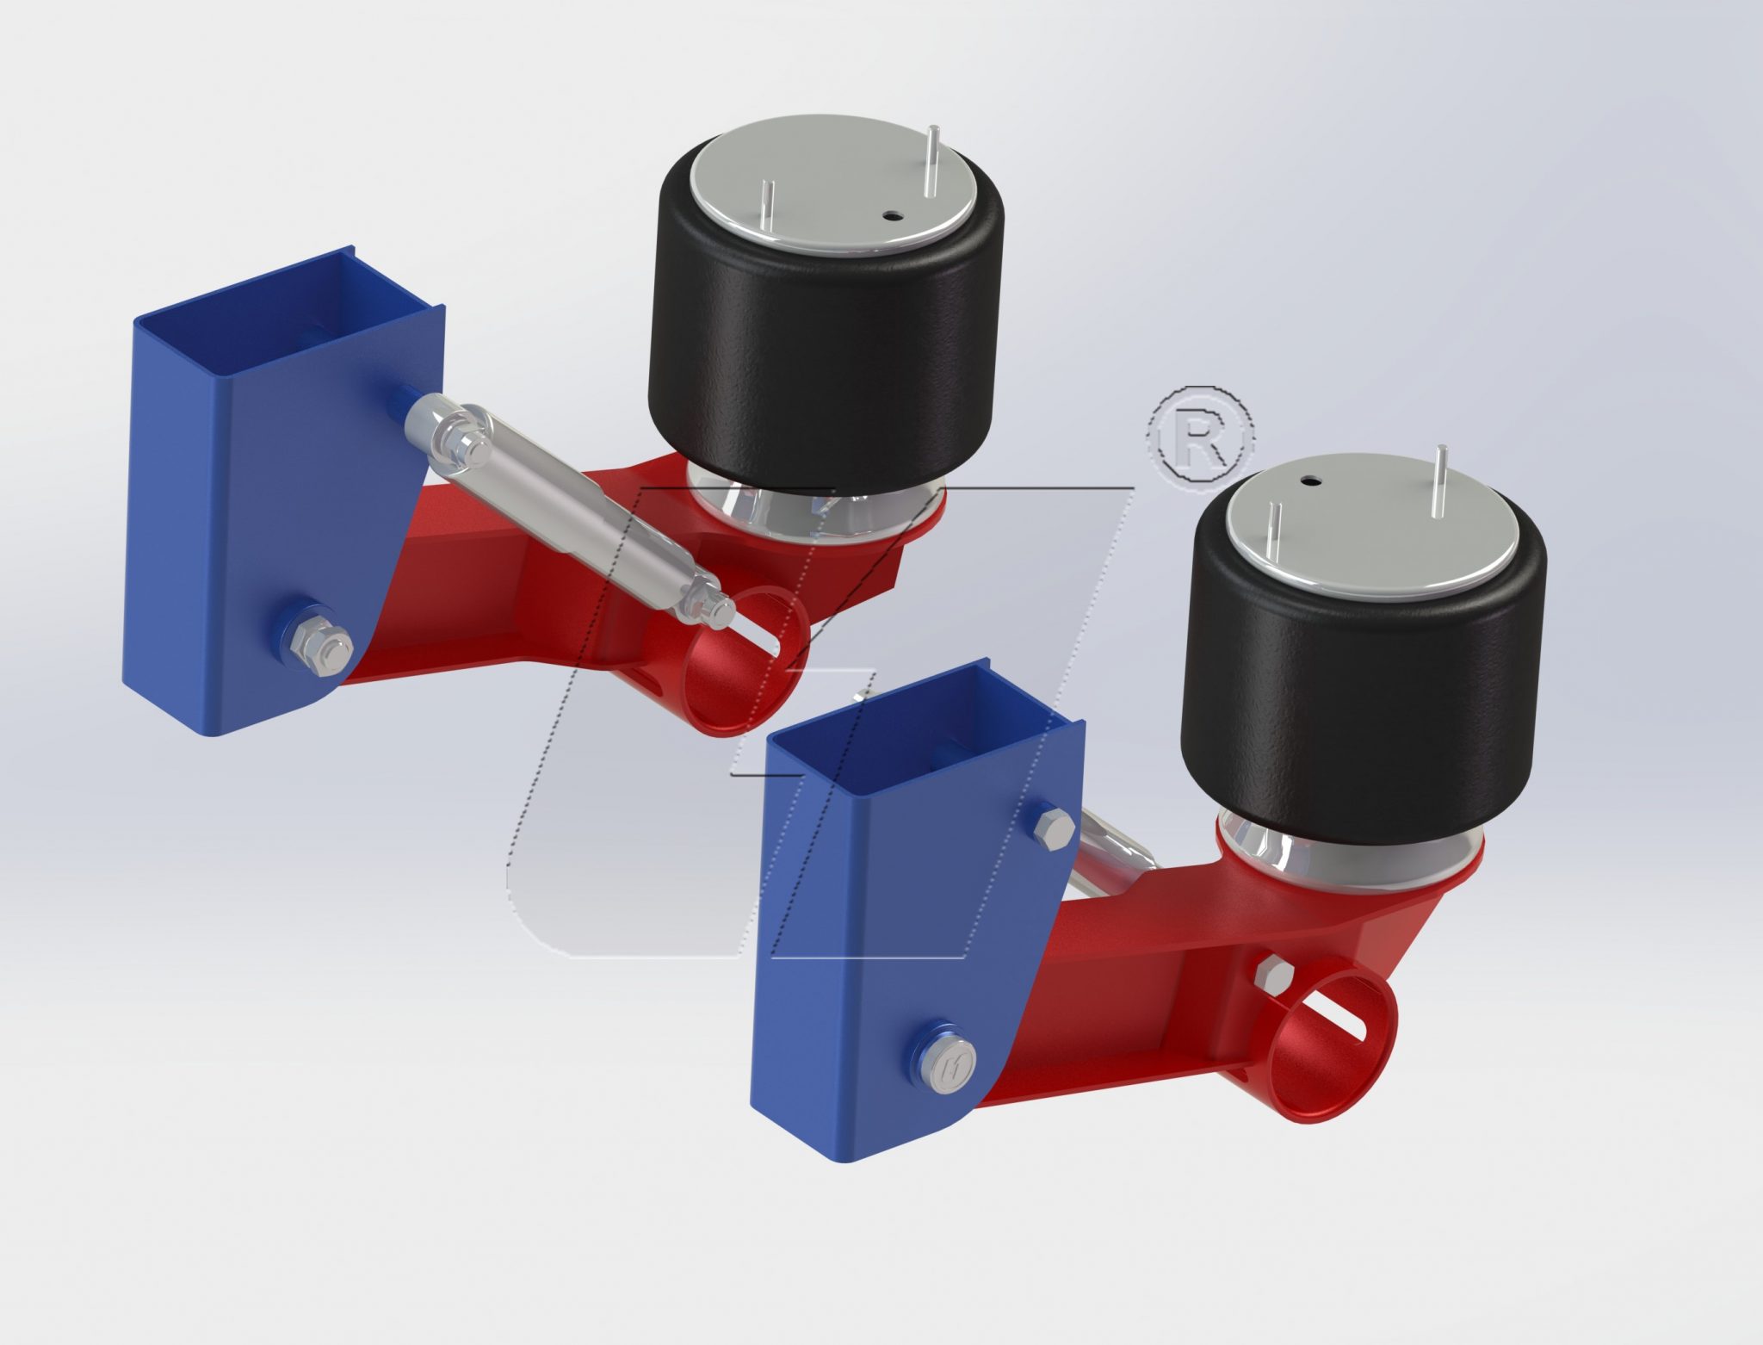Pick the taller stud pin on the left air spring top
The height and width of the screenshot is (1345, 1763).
[x=932, y=159]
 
